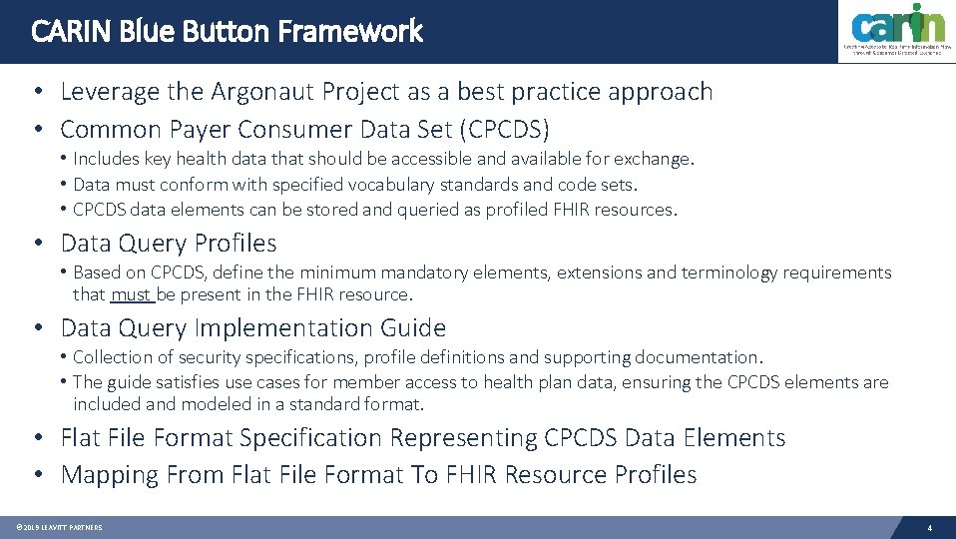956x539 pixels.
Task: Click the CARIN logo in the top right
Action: pyautogui.click(x=896, y=32)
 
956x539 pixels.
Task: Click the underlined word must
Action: pyautogui.click(x=131, y=294)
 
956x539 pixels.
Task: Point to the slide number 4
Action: pyautogui.click(x=929, y=527)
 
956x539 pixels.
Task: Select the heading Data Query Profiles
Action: pyautogui.click(x=169, y=243)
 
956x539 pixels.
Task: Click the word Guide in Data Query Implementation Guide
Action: pyautogui.click(x=413, y=327)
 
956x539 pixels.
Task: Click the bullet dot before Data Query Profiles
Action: pyautogui.click(x=37, y=243)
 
